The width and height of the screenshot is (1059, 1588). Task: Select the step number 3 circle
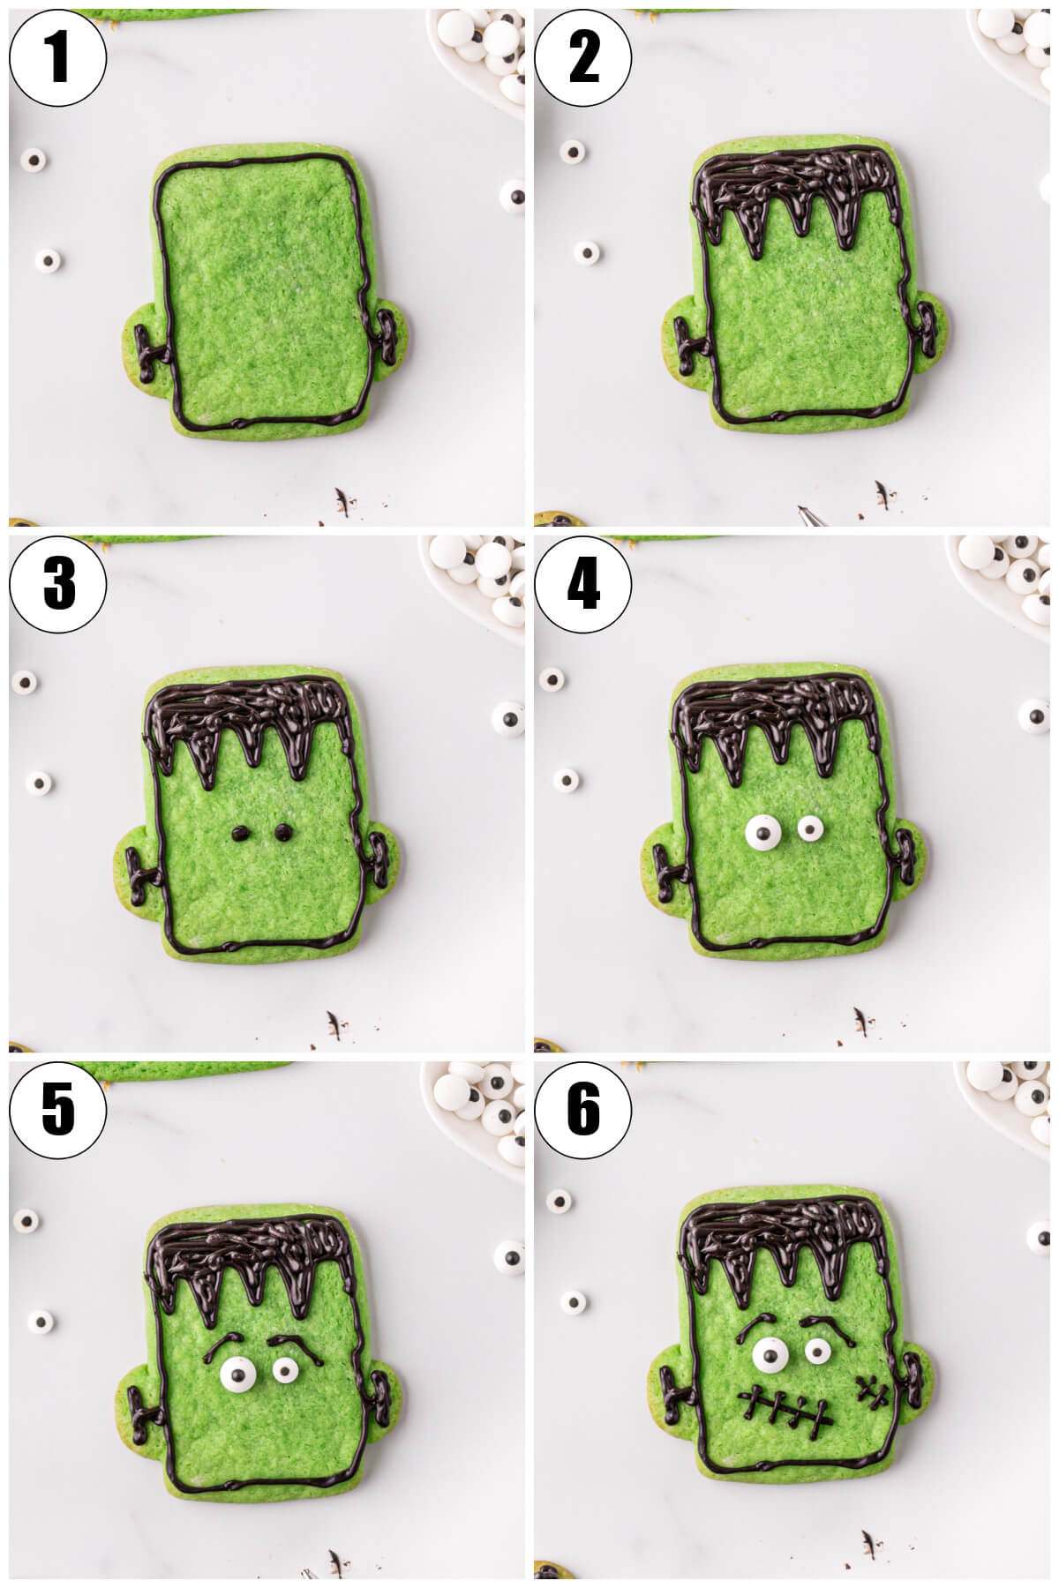click(57, 583)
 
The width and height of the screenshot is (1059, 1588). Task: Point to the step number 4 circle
click(583, 583)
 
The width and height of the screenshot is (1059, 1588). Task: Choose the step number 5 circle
click(57, 1109)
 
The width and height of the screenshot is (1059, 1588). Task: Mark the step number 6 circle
click(583, 1109)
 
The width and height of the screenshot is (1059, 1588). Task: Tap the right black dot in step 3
click(282, 830)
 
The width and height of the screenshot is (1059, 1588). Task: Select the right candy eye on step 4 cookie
click(811, 828)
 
